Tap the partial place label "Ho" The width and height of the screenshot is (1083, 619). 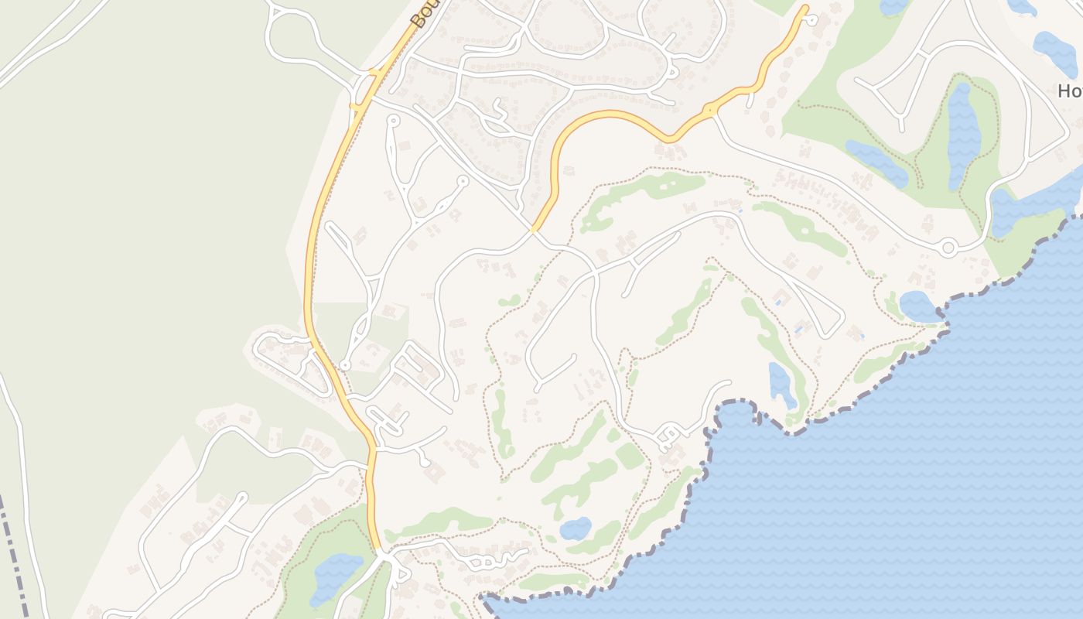pos(1069,91)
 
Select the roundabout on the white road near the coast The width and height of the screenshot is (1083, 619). pos(948,248)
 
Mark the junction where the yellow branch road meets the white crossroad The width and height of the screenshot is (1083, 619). pos(534,229)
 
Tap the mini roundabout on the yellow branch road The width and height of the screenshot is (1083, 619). pos(710,111)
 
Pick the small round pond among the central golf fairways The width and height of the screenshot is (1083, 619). pos(575,528)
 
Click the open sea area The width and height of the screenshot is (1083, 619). pos(890,503)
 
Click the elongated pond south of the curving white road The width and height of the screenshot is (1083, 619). pos(781,383)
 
